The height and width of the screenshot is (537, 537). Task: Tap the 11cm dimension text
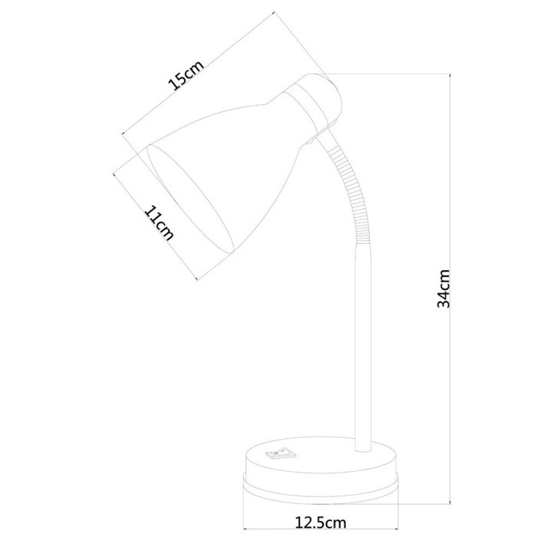point(159,224)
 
